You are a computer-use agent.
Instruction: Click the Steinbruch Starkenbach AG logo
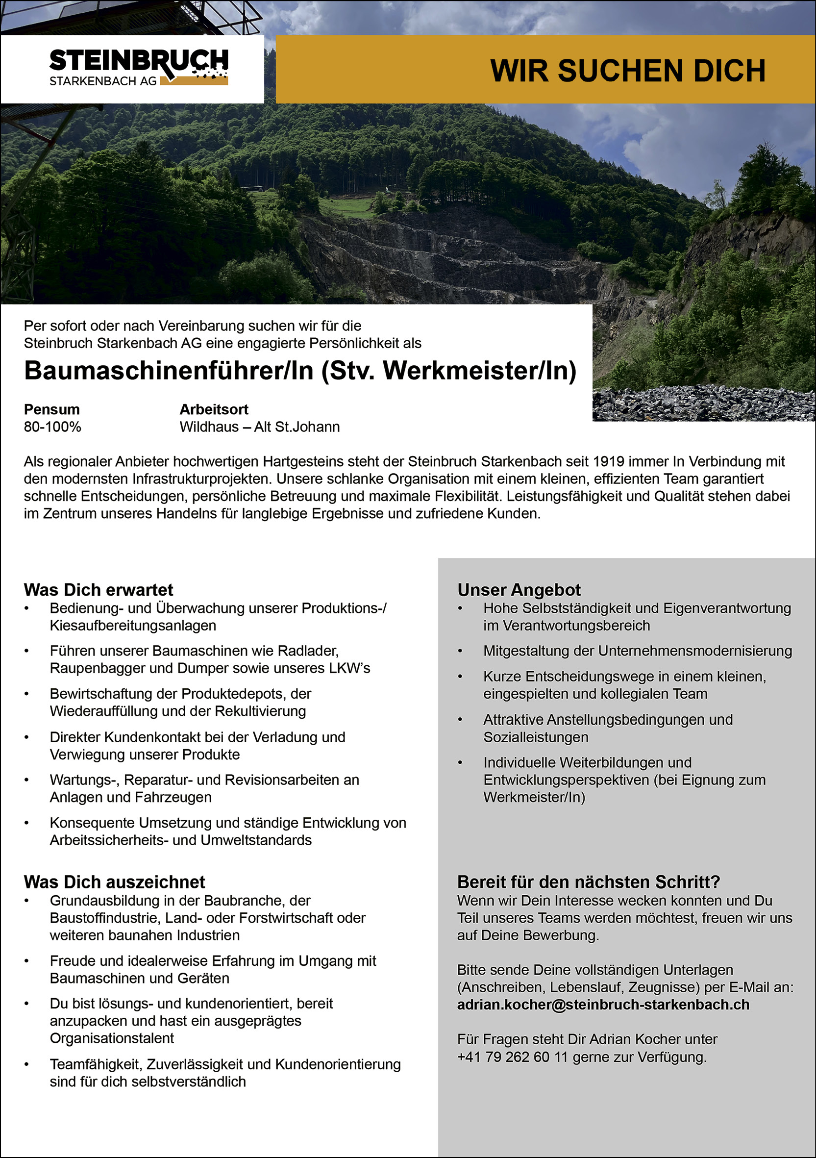[138, 68]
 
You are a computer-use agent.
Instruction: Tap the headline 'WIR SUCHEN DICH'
[627, 70]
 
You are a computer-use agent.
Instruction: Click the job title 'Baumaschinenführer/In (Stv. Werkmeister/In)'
[300, 371]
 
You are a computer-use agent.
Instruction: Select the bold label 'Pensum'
[51, 409]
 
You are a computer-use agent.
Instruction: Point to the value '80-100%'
[52, 427]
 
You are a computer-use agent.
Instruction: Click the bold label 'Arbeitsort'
[214, 409]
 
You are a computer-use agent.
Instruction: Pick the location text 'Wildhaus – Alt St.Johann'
[259, 427]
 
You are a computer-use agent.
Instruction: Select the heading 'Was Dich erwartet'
[99, 590]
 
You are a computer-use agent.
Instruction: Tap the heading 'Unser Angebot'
[519, 590]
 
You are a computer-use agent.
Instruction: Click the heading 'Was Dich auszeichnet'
[115, 882]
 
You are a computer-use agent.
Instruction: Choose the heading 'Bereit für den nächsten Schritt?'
[589, 882]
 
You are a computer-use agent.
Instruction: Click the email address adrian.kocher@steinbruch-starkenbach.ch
[603, 1004]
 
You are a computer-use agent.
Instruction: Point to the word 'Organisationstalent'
[111, 1038]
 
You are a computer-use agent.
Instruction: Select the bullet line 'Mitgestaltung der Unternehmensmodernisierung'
[638, 651]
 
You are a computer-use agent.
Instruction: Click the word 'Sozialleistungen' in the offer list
[536, 737]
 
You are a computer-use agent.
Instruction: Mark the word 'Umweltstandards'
[256, 840]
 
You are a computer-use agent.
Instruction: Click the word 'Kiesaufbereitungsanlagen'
[133, 626]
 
